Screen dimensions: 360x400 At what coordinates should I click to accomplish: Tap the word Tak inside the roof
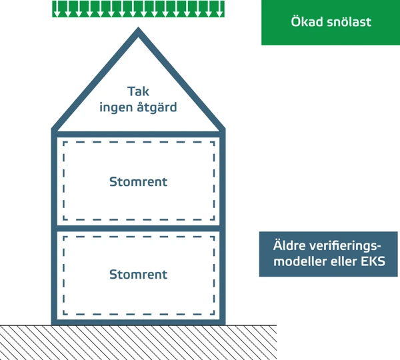(138, 91)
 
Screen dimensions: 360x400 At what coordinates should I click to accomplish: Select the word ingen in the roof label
(115, 106)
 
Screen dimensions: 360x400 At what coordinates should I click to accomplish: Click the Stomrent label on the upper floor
(138, 181)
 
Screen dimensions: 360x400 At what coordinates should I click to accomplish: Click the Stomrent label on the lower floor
(138, 274)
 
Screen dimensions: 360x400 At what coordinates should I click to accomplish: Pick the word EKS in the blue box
(373, 262)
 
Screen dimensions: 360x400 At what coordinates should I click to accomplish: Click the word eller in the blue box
(341, 262)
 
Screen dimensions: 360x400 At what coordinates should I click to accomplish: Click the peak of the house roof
(139, 31)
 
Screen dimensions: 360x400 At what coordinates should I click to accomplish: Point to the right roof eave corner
(223, 128)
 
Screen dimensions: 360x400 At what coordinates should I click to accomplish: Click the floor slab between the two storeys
(138, 228)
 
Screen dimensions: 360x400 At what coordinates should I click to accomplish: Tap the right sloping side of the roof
(181, 79)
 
